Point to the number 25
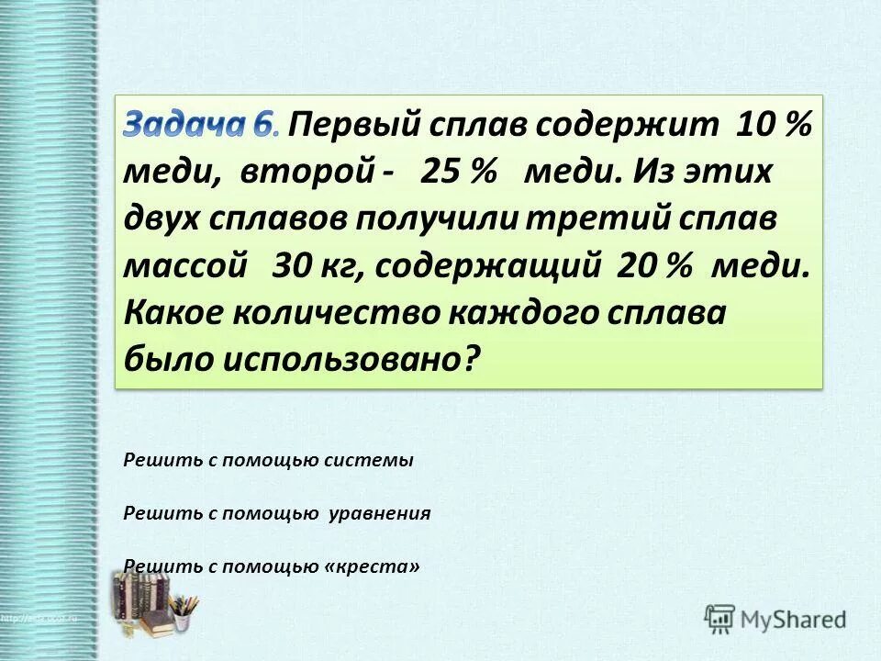tap(440, 173)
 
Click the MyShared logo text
tap(792, 619)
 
